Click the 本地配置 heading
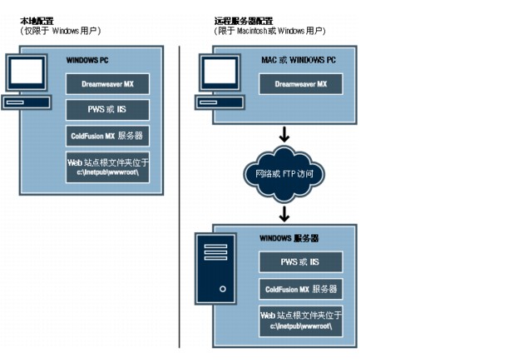(x=37, y=20)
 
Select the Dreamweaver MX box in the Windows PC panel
(x=108, y=85)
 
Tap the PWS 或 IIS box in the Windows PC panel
(x=108, y=110)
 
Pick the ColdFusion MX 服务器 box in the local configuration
(x=108, y=136)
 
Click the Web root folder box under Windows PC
(x=108, y=167)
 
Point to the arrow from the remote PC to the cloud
(x=284, y=134)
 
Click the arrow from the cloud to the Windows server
(x=284, y=214)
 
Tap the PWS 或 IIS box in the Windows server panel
(x=301, y=263)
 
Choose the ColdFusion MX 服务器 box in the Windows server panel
(x=301, y=289)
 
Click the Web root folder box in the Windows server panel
(x=301, y=321)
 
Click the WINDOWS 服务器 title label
(x=289, y=238)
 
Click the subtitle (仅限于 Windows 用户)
(x=60, y=31)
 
